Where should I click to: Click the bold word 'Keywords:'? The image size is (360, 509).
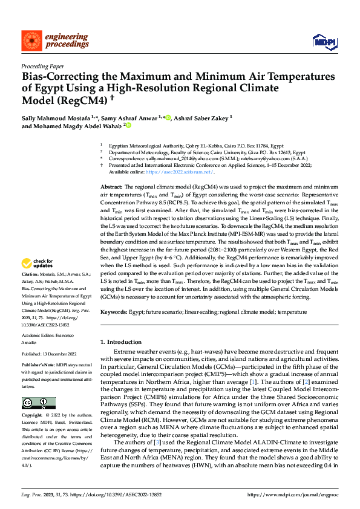click(x=115, y=312)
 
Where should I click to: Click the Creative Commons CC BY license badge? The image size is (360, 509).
click(x=38, y=403)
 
